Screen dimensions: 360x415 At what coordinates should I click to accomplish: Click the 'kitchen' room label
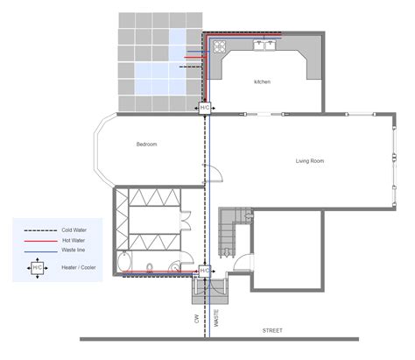point(262,81)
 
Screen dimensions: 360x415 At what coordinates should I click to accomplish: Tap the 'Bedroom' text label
point(146,144)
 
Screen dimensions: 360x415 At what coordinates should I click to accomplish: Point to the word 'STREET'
point(274,330)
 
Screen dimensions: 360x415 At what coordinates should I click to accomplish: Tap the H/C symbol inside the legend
point(38,268)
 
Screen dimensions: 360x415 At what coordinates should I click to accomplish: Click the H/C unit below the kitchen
point(205,107)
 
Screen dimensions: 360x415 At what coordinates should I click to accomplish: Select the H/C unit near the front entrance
point(205,271)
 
